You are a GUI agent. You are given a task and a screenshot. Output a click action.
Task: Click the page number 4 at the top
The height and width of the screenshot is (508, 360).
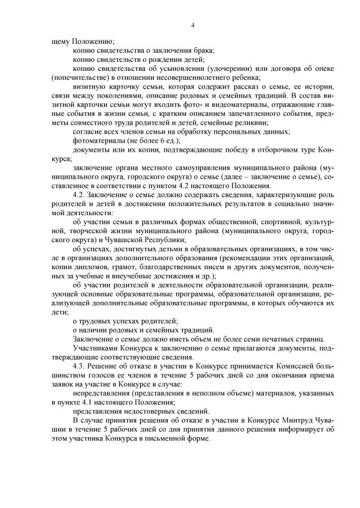coord(192,25)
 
